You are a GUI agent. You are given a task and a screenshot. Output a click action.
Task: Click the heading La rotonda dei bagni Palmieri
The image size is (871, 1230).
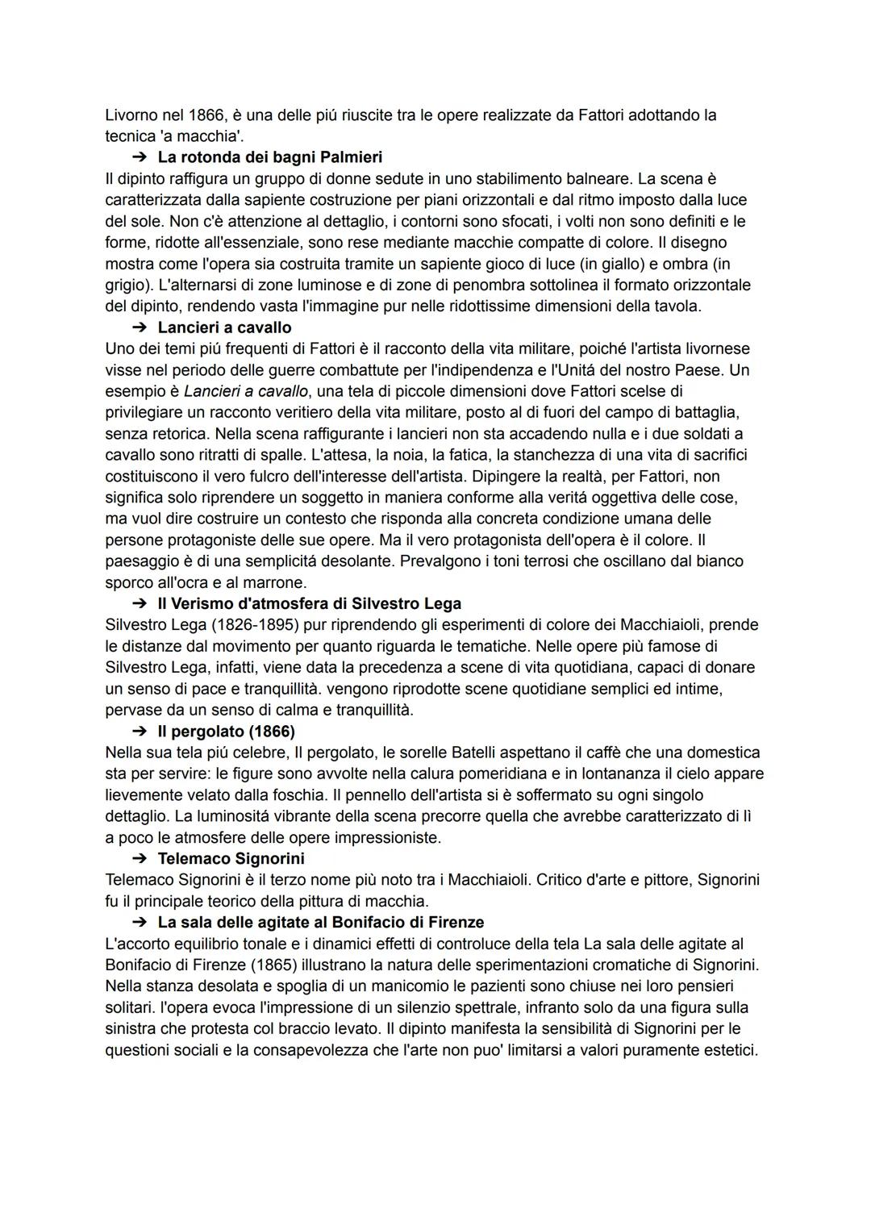coord(269,157)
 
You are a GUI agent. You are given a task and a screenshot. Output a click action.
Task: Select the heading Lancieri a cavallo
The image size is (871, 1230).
coord(224,327)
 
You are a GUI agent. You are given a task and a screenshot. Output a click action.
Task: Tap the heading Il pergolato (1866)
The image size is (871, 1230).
coord(226,732)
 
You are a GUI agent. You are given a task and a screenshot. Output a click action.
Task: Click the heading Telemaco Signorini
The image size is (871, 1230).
coord(231,858)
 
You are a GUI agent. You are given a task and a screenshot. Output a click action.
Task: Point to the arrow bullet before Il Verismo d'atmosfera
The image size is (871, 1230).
coord(140,603)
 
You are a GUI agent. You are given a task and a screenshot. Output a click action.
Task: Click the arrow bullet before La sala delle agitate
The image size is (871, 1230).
coord(140,922)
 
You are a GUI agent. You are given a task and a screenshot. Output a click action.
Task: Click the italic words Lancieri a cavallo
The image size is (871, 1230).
coord(246,391)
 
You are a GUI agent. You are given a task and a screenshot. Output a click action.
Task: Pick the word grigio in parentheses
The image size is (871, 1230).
coord(127,286)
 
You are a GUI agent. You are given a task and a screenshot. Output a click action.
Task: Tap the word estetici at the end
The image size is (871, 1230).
coord(729,1050)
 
